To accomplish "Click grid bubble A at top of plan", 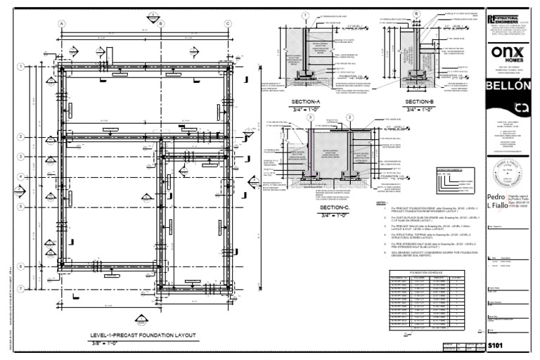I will click(x=62, y=23).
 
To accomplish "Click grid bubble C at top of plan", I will click(x=228, y=23).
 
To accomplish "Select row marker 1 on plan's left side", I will click(x=22, y=67).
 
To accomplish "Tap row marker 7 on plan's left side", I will click(x=22, y=289).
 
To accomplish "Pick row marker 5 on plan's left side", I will click(x=22, y=206).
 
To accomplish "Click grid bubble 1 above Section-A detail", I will click(x=304, y=14).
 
